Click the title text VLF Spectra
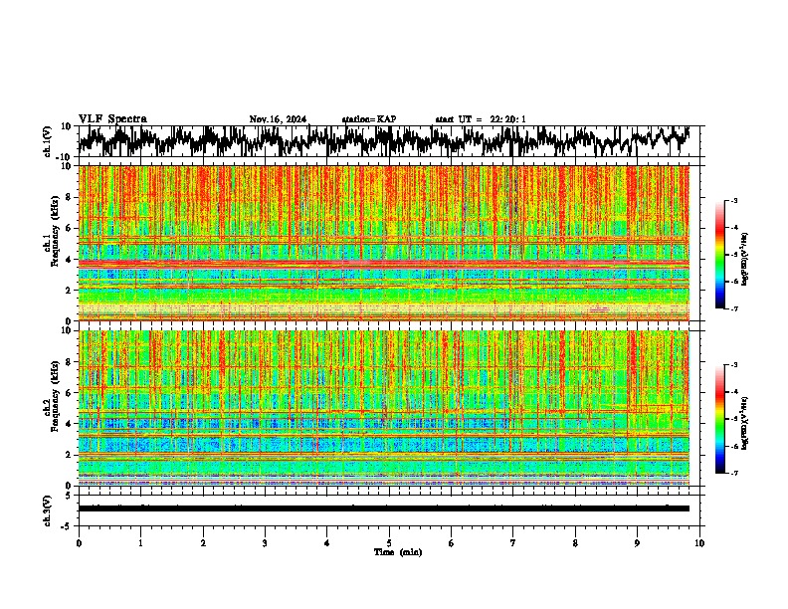pos(112,119)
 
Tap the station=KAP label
pos(369,119)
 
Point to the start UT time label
pos(481,119)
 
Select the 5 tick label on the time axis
pos(389,542)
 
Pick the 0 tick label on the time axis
pos(79,542)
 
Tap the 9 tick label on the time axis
pos(638,542)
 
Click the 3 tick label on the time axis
pos(265,542)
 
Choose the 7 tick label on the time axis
pos(513,542)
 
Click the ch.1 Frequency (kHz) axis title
pos(50,243)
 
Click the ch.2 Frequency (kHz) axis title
pos(50,407)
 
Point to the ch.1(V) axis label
pos(47,141)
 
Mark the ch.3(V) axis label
pos(47,508)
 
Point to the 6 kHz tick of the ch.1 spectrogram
pos(71,228)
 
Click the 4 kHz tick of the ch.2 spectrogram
pos(71,423)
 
